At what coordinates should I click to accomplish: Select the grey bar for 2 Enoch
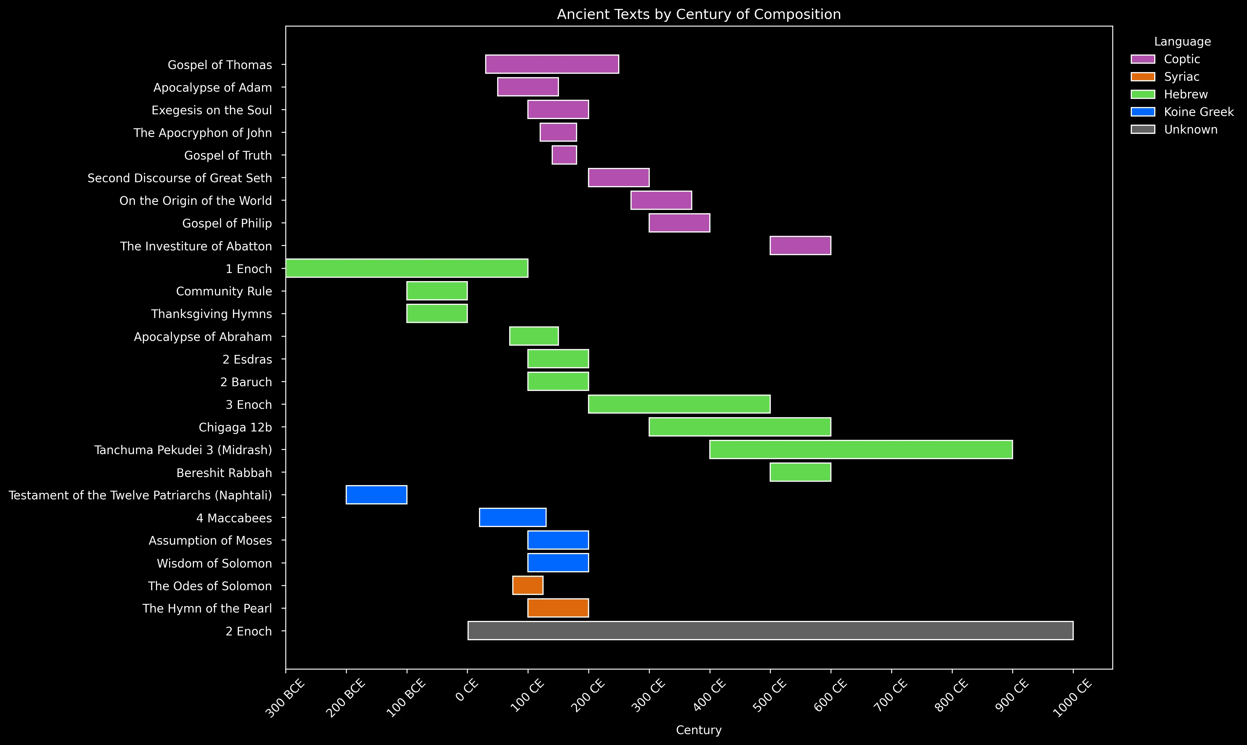point(770,630)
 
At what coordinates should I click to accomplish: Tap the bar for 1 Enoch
point(407,268)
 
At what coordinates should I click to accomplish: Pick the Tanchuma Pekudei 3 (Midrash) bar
point(861,449)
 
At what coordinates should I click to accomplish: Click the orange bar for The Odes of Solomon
point(528,585)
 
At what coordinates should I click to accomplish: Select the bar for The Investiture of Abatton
point(800,245)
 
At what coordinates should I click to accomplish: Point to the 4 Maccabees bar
point(513,518)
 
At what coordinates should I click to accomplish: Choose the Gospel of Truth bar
point(564,155)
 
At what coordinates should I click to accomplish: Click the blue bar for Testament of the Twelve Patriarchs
point(376,495)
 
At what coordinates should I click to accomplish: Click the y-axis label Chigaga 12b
point(235,427)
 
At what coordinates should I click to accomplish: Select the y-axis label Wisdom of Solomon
point(214,563)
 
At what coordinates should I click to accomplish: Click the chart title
point(699,14)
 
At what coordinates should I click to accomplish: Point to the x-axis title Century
point(699,730)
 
